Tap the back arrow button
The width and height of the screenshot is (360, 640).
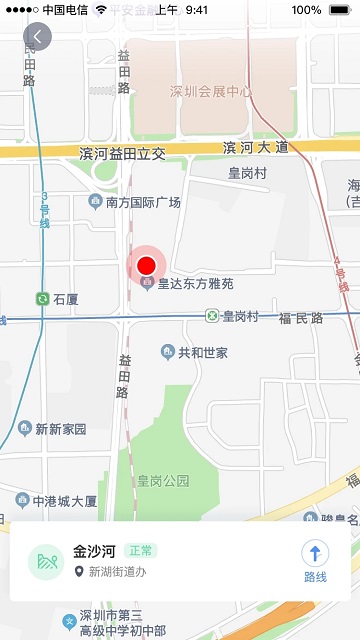(x=37, y=37)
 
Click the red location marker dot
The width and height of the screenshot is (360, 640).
(x=147, y=265)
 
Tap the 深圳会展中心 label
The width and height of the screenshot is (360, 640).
(x=210, y=92)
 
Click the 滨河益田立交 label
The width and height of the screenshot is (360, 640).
(x=122, y=153)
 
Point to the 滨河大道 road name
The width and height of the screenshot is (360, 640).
(x=255, y=148)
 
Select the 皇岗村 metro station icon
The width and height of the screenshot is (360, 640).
(x=212, y=316)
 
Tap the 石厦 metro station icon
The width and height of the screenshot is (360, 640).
(x=42, y=299)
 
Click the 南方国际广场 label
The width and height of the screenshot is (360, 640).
(x=143, y=203)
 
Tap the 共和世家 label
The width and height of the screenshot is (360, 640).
(x=202, y=352)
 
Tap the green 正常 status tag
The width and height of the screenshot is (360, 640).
(x=142, y=551)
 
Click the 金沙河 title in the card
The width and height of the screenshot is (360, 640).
(x=94, y=551)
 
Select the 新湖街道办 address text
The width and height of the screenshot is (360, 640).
(x=117, y=572)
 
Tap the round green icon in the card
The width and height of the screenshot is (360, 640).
(x=46, y=562)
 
